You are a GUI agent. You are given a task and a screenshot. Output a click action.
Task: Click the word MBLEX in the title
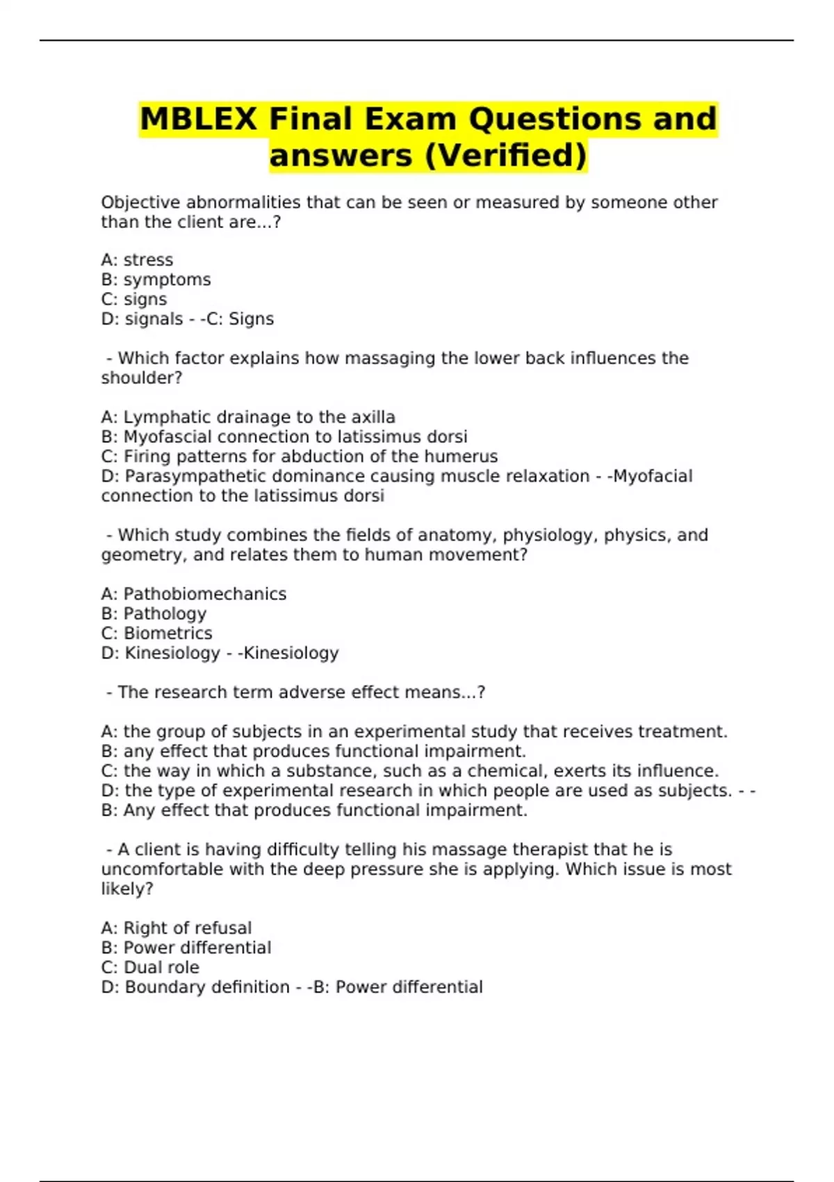pos(198,119)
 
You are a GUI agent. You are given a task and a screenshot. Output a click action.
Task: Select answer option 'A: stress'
pos(137,260)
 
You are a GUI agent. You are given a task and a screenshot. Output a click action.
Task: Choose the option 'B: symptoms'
pos(156,280)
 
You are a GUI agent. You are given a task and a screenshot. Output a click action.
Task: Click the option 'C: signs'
pos(134,299)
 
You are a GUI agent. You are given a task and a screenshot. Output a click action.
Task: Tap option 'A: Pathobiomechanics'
pos(193,594)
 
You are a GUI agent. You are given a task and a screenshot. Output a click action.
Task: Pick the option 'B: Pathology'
pos(154,613)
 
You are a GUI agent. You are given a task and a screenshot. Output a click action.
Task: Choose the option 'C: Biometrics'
pos(156,633)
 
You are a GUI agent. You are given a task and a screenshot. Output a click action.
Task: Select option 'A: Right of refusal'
pos(176,928)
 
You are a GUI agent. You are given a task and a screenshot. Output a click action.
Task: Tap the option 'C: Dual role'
pos(150,967)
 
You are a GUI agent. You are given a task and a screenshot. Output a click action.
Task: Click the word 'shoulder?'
pos(141,378)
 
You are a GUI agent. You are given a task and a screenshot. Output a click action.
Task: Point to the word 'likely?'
pos(127,889)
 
